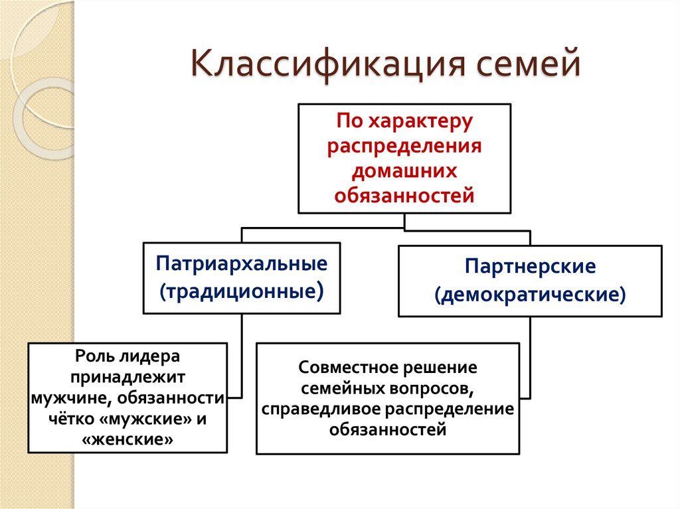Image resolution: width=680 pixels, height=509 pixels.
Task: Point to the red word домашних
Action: [x=404, y=171]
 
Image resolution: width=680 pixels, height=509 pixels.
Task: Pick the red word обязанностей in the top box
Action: [x=404, y=195]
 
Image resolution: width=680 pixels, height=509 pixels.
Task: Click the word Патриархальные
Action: [x=242, y=263]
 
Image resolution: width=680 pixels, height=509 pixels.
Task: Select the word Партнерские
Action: [x=530, y=267]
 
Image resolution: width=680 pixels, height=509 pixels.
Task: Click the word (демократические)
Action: [x=530, y=294]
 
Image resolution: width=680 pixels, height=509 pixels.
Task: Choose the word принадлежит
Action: [x=127, y=376]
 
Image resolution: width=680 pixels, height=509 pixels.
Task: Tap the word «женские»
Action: [x=127, y=439]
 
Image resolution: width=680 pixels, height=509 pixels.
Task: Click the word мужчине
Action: [x=64, y=398]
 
